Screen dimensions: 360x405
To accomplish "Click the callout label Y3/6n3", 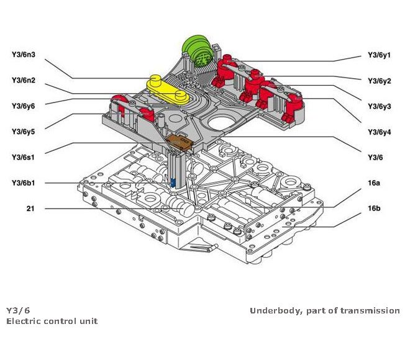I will click(x=23, y=55).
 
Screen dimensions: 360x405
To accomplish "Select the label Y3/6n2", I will click(x=23, y=80).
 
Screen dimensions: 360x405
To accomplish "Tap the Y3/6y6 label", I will click(x=23, y=106).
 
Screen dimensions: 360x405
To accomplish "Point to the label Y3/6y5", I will click(x=23, y=131).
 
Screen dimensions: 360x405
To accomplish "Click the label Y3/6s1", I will click(x=23, y=156).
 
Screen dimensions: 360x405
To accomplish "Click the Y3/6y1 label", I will click(x=380, y=55).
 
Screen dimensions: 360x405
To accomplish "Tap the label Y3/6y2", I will click(x=380, y=81).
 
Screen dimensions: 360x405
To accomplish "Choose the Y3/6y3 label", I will click(x=380, y=106).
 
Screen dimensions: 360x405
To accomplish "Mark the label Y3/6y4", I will click(x=380, y=132).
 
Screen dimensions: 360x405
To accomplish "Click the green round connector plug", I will click(x=198, y=49).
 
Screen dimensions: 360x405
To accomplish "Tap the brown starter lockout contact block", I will click(x=180, y=143).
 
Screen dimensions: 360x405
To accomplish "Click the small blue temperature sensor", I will click(x=173, y=182).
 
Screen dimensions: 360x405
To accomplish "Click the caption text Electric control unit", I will click(x=52, y=321).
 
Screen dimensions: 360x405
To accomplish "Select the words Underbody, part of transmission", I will click(x=325, y=310).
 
